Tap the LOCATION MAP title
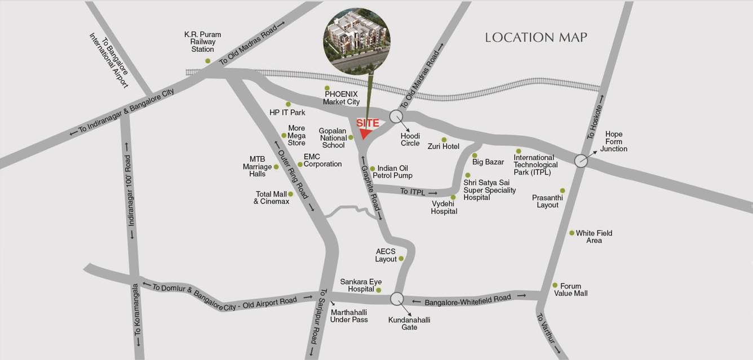(x=536, y=38)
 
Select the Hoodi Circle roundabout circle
(x=397, y=117)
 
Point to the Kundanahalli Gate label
(x=409, y=323)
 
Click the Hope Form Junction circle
(x=581, y=161)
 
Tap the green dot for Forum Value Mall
(x=555, y=285)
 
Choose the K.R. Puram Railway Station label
(x=203, y=42)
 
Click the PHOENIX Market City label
(x=341, y=98)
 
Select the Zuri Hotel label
(x=444, y=146)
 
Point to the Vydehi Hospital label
(x=444, y=207)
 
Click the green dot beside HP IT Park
(x=288, y=104)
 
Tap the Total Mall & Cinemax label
(x=272, y=198)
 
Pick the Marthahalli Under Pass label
(x=349, y=315)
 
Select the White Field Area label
(x=594, y=237)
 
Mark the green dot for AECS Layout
(x=401, y=259)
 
